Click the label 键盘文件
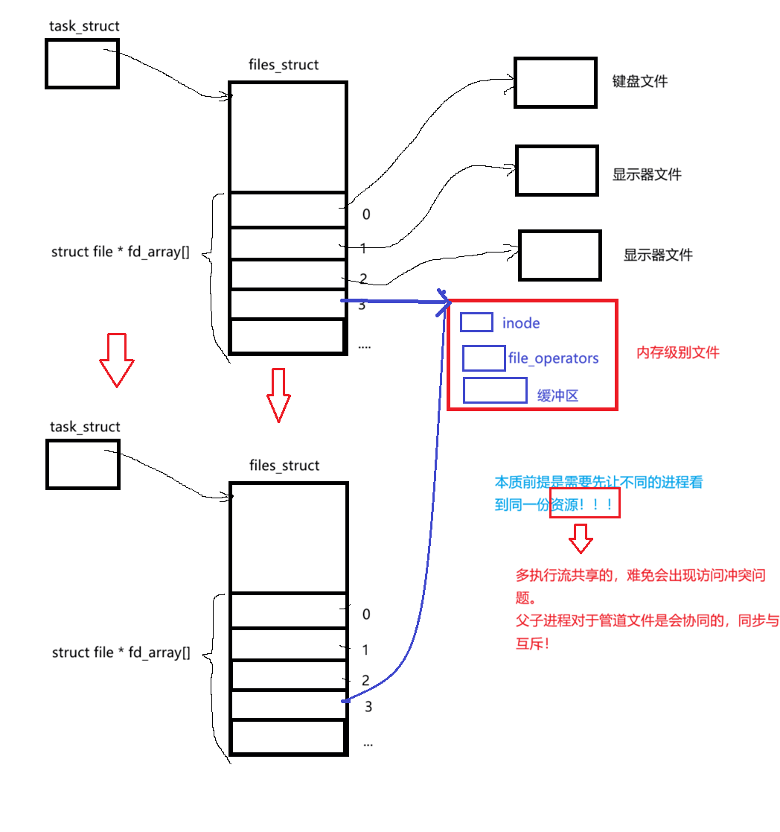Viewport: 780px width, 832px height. coord(639,81)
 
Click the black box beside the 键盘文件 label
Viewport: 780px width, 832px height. coord(555,82)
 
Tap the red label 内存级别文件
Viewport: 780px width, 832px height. coord(677,352)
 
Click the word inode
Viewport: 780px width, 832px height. coord(521,323)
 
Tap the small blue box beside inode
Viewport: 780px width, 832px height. coord(476,322)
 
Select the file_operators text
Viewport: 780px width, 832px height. coord(553,358)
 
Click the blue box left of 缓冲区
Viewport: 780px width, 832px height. coord(495,390)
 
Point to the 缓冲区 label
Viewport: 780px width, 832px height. coord(557,396)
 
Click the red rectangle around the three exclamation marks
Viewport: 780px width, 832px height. coord(584,504)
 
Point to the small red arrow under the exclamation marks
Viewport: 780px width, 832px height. coord(581,536)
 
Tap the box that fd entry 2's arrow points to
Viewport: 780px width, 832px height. coord(560,254)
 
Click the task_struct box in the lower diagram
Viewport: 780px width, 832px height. coord(83,463)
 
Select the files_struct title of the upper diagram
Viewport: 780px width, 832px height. coord(284,65)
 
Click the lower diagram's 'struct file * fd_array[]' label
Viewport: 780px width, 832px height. coord(121,652)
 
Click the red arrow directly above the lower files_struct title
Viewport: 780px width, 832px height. coord(278,394)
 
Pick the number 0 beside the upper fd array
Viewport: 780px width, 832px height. coord(365,215)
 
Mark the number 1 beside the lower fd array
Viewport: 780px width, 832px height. coord(365,650)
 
